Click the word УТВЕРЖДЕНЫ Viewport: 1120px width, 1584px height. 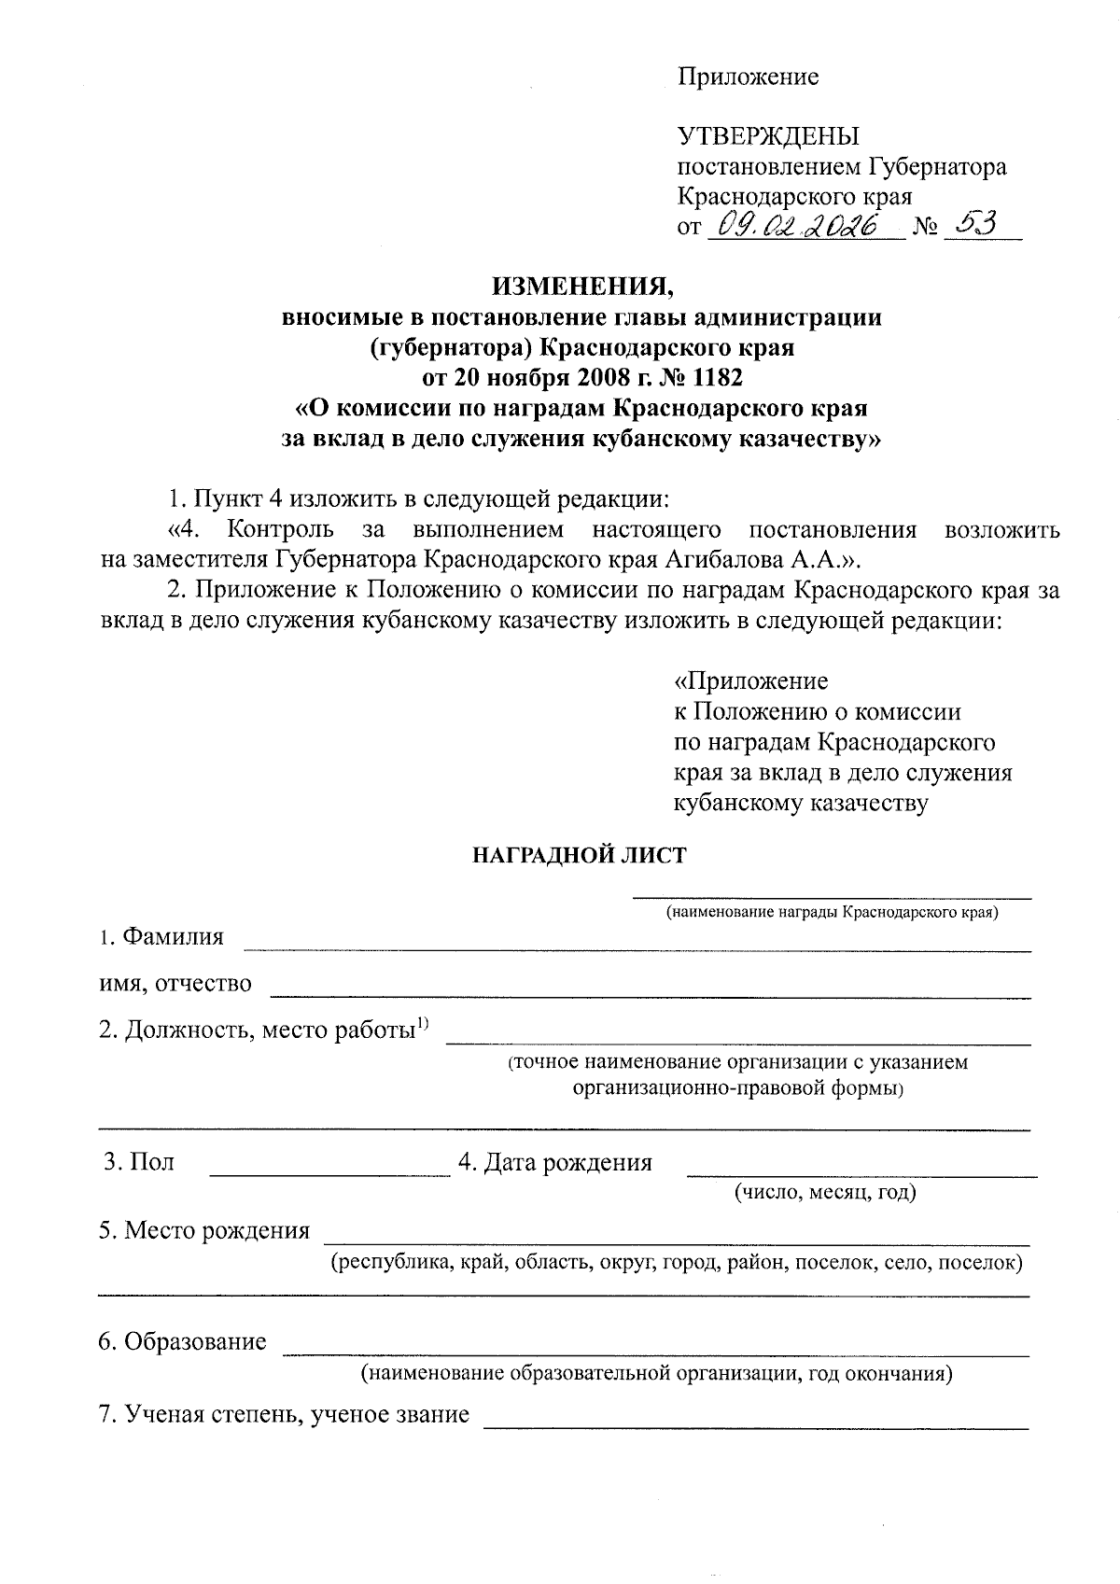(767, 136)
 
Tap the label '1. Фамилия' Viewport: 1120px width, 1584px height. (162, 936)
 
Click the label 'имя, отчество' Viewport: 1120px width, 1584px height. (175, 983)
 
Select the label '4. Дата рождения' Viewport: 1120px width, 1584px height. (554, 1163)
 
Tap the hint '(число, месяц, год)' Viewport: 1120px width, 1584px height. (825, 1192)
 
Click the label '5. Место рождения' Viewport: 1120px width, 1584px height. (204, 1230)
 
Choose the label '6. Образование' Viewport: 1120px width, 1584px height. (183, 1342)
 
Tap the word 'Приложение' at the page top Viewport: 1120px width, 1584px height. (748, 77)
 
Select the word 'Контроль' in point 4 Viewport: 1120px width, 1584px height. (280, 530)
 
